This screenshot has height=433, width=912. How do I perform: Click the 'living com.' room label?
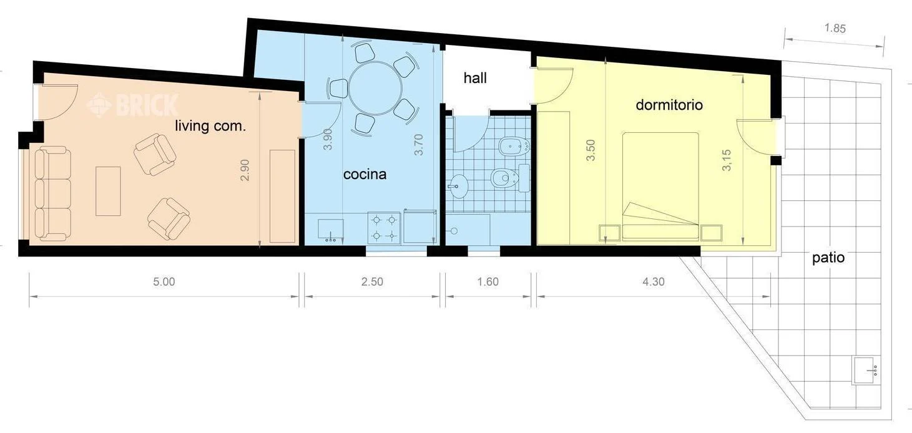(x=210, y=127)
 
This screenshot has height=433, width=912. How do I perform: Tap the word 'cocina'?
(x=365, y=175)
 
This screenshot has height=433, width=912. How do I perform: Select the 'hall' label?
(x=475, y=79)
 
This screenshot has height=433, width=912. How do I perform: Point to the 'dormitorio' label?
(x=669, y=105)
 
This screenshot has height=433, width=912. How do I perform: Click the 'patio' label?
(x=828, y=258)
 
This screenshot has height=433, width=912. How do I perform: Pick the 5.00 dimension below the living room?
(x=164, y=282)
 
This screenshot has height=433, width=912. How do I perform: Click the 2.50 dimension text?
(x=371, y=282)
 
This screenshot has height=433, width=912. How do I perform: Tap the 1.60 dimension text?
(x=488, y=282)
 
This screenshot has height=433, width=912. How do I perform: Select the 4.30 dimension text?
(x=653, y=282)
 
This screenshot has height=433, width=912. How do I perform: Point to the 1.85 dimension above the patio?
(x=835, y=28)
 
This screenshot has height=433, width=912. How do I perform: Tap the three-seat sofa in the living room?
(x=52, y=193)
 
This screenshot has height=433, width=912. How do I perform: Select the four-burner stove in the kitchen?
(x=384, y=228)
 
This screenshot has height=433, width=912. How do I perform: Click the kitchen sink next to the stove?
(x=330, y=230)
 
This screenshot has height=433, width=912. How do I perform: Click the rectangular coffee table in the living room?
(x=107, y=190)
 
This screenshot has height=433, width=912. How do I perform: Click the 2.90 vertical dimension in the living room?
(x=245, y=170)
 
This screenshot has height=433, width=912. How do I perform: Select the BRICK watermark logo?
(x=133, y=105)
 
